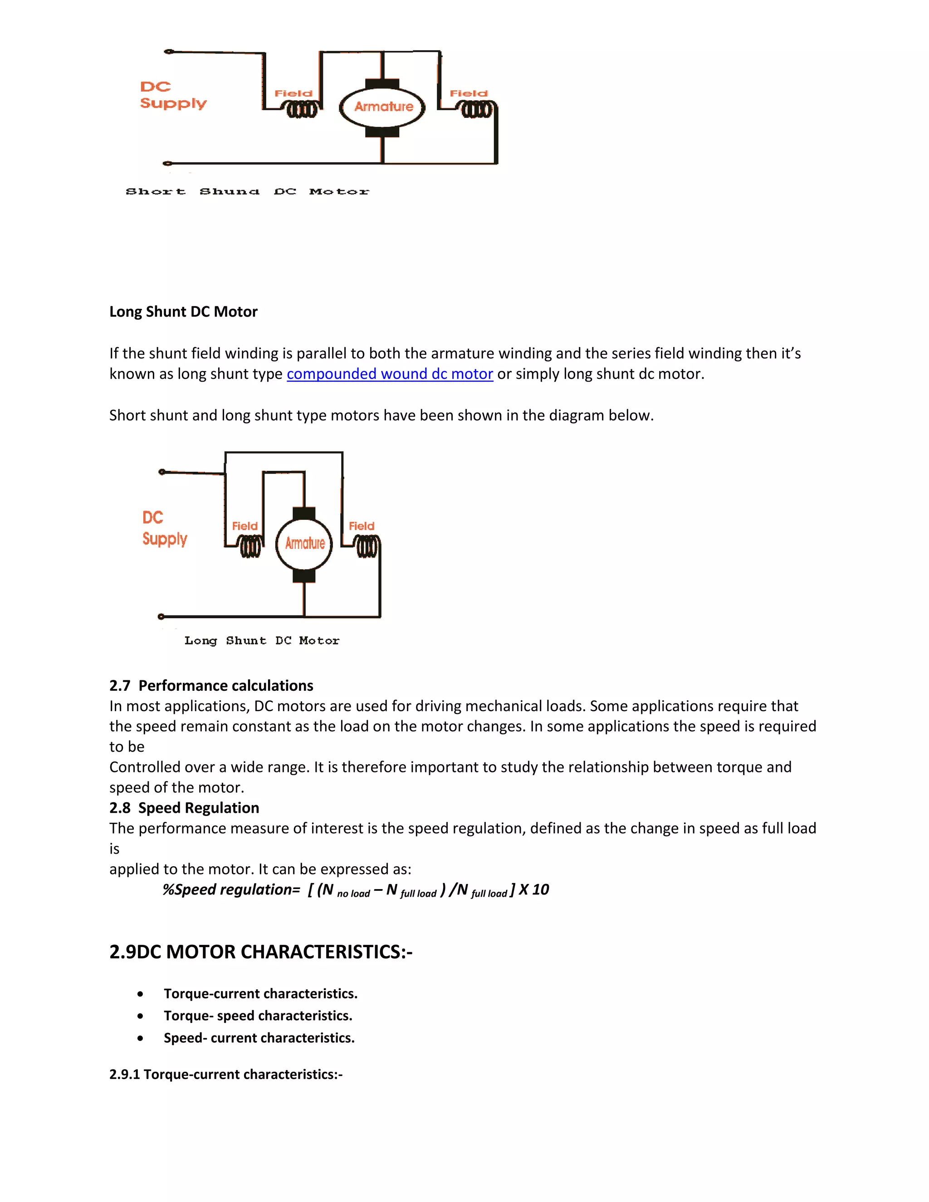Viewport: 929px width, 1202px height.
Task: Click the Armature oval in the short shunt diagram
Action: click(382, 107)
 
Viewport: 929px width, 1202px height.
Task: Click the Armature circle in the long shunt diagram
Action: click(304, 544)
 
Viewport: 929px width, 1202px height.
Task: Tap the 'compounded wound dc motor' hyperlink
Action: click(390, 374)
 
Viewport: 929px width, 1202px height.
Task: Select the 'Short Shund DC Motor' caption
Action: click(247, 191)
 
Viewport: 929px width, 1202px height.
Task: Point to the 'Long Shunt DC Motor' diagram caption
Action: click(262, 640)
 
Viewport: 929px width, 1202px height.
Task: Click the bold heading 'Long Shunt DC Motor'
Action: click(183, 312)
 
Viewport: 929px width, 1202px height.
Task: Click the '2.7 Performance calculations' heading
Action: click(211, 685)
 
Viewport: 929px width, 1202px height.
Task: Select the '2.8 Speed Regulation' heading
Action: click(184, 807)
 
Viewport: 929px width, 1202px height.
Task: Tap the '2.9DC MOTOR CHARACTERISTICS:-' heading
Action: click(260, 952)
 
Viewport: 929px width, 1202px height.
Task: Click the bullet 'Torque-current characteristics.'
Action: click(260, 993)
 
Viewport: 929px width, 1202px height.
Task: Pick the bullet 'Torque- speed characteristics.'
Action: click(258, 1016)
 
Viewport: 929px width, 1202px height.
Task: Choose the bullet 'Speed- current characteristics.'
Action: click(259, 1037)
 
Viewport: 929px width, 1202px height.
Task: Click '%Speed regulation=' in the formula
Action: click(231, 889)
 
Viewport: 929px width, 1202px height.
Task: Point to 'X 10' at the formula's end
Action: click(534, 889)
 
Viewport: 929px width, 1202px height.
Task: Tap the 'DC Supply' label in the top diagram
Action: click(173, 95)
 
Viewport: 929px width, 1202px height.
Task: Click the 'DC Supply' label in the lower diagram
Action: click(164, 528)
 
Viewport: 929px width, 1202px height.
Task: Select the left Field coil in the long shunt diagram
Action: click(250, 547)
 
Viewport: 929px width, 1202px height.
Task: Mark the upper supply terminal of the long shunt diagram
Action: click(162, 472)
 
